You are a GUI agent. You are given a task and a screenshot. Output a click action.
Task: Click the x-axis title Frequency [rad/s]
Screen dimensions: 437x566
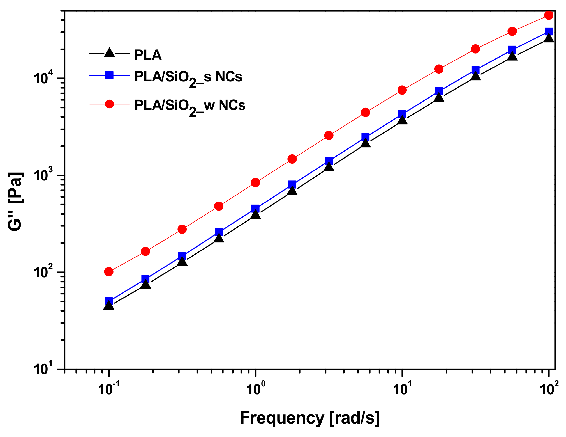click(x=309, y=418)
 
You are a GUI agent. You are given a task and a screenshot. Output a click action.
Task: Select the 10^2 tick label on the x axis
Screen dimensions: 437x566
click(x=548, y=388)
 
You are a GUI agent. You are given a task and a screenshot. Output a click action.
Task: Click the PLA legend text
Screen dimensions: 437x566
click(x=148, y=55)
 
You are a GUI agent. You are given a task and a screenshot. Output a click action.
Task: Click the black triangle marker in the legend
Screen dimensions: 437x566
click(x=109, y=53)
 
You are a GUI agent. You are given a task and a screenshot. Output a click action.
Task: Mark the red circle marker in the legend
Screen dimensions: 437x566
click(x=109, y=104)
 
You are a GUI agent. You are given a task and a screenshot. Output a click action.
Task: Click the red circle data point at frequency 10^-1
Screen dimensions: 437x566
click(x=109, y=271)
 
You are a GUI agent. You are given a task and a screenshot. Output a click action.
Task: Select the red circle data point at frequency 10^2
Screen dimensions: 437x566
click(x=549, y=15)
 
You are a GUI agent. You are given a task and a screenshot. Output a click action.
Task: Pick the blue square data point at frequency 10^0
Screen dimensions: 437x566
click(x=255, y=208)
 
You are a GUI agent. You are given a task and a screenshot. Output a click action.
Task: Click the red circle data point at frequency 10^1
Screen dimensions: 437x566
click(x=402, y=90)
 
